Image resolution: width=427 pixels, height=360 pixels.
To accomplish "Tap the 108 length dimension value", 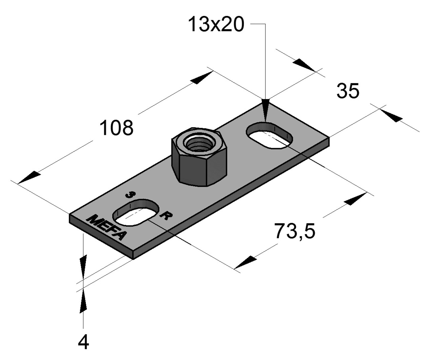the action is (x=116, y=128).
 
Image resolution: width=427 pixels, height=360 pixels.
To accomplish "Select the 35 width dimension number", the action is (x=348, y=91).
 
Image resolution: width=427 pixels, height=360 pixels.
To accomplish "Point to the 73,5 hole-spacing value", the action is (x=294, y=231).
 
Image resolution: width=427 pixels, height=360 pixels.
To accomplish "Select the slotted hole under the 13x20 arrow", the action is (x=270, y=136).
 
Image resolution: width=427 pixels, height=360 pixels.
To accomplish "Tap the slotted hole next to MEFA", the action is (x=136, y=212).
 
